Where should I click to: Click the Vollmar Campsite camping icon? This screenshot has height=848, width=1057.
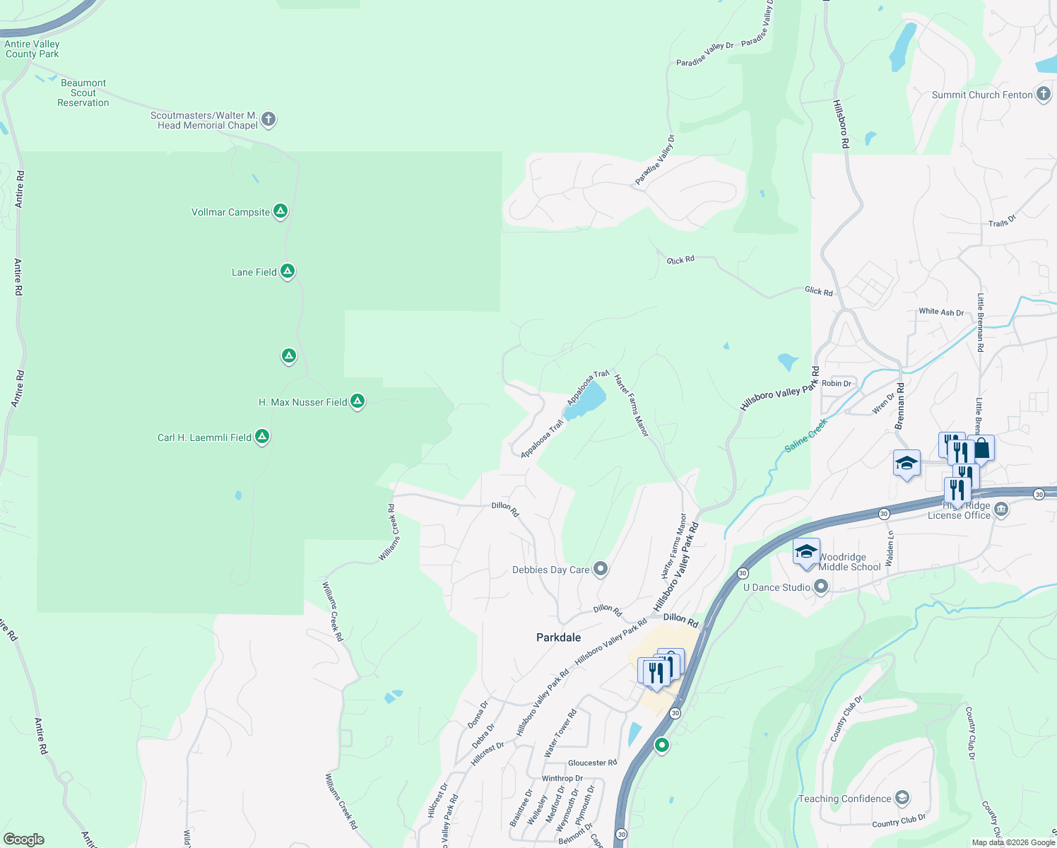281,211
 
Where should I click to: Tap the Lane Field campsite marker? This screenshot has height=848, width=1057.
287,271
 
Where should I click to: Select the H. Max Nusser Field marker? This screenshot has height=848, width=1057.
358,401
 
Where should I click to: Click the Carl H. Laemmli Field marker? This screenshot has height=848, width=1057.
262,437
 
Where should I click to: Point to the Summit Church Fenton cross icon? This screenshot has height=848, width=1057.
1044,94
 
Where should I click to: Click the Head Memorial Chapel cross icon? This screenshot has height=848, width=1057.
268,119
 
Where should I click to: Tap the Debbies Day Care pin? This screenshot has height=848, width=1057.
601,568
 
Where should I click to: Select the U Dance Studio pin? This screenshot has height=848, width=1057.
821,587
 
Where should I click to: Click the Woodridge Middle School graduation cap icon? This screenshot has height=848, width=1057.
806,553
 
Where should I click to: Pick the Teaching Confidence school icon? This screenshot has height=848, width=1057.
902,798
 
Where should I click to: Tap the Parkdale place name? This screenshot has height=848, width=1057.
558,637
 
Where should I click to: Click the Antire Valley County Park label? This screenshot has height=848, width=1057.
32,49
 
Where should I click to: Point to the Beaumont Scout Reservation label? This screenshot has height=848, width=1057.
83,93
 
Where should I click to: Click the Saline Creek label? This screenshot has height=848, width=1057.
805,435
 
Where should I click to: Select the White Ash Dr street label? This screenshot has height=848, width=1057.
941,312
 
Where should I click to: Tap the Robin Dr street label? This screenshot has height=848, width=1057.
837,384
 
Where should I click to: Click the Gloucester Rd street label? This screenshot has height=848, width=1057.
592,762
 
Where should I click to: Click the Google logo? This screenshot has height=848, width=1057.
24,839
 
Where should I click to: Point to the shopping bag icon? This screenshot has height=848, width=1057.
981,448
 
